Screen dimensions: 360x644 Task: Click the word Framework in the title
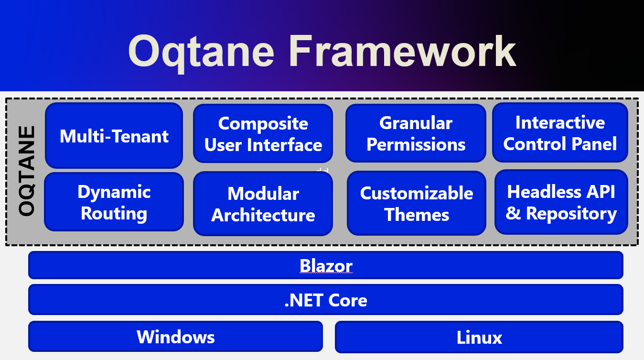pos(402,51)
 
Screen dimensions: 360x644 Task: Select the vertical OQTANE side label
pos(27,171)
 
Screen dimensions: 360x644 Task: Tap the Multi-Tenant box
pos(114,136)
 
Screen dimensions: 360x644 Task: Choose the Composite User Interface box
pos(263,134)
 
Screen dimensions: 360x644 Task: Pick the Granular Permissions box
pos(416,133)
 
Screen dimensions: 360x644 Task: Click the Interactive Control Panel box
pos(560,133)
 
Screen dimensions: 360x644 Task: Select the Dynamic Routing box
pos(114,202)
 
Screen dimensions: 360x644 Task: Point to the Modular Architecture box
pos(263,204)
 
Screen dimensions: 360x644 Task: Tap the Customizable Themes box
pos(416,204)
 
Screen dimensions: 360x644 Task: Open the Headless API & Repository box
pos(561,202)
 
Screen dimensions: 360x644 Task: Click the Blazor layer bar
pos(326,265)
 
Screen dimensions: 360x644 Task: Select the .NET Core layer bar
pos(326,300)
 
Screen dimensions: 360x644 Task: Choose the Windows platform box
pos(175,337)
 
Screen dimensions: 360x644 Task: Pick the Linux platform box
pos(479,337)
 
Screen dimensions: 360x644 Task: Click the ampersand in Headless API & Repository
pos(513,213)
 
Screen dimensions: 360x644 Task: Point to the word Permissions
pos(416,144)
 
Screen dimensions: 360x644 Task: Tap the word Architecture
pos(263,215)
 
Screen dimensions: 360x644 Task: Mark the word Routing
pos(114,213)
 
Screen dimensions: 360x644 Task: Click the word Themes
pos(417,215)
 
